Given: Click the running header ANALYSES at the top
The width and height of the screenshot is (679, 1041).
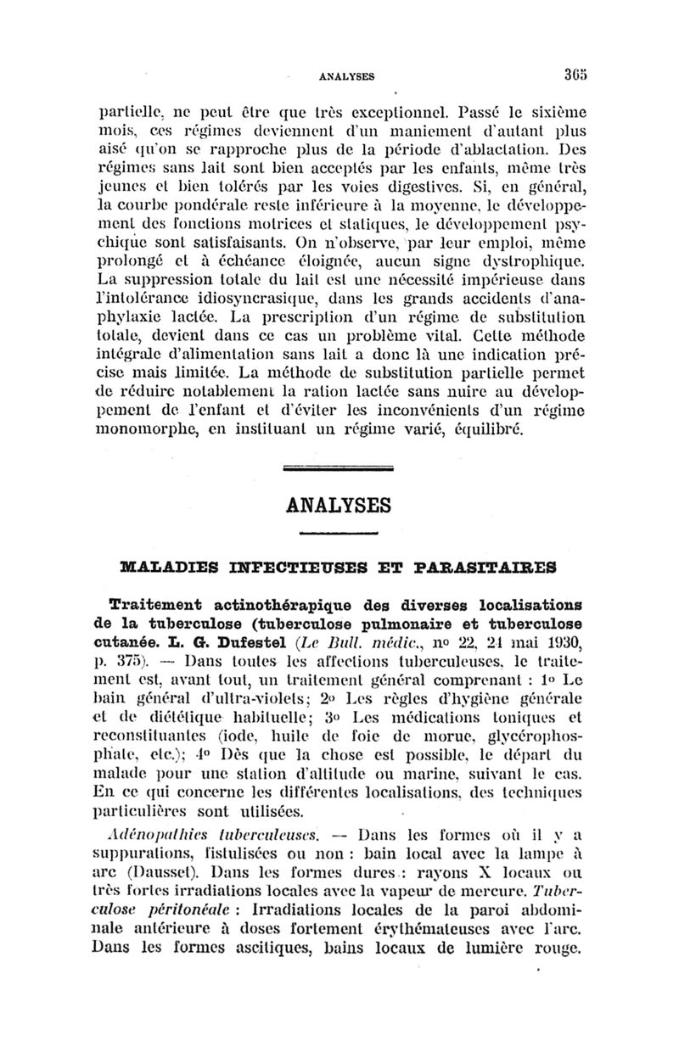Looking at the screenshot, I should (346, 76).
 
